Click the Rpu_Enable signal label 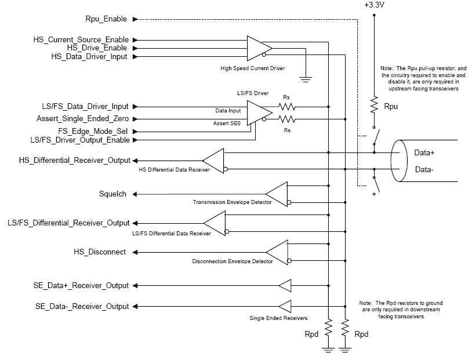coord(106,19)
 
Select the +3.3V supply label coord(374,5)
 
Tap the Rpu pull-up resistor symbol coord(374,105)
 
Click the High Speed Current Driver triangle coord(259,48)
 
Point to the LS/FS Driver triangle coord(259,113)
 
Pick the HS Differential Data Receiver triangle coord(213,161)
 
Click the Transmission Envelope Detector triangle coord(277,194)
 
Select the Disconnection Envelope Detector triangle coord(277,252)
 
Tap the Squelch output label coord(112,194)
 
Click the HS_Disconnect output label coord(100,252)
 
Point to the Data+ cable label coord(424,152)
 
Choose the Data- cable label coord(424,169)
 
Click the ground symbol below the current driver coord(306,79)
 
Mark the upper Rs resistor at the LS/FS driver coord(287,107)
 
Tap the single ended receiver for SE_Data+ coord(285,285)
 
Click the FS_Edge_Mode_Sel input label coord(93,131)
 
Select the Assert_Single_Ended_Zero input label coord(83,119)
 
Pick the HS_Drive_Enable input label coord(97,48)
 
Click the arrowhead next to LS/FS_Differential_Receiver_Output coord(135,223)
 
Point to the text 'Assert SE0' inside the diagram coord(227,123)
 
